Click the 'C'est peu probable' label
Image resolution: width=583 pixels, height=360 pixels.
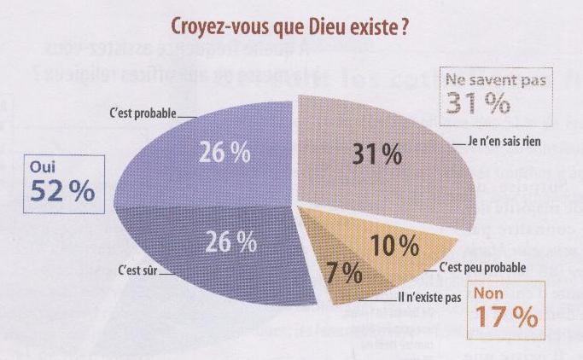tap(481, 268)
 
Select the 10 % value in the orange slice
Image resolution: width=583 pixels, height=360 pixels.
tap(394, 247)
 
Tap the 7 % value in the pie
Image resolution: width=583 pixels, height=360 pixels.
tap(345, 275)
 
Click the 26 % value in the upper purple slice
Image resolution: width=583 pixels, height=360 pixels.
tap(225, 154)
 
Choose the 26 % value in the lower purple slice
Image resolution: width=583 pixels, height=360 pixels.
tap(231, 242)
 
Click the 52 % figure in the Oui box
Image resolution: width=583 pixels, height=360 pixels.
tap(62, 193)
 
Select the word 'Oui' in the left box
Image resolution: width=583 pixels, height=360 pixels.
tap(43, 169)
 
